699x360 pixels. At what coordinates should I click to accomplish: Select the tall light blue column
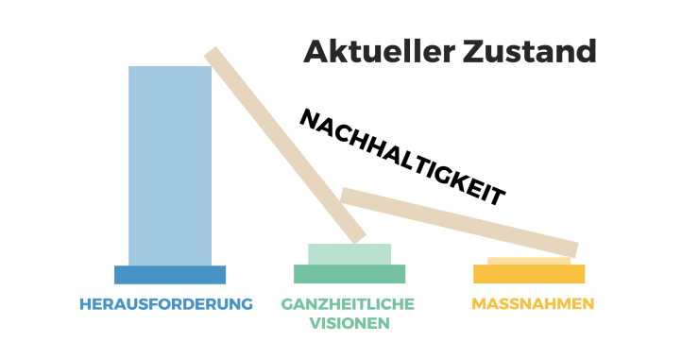[170, 165]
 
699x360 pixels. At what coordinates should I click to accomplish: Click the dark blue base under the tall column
[170, 275]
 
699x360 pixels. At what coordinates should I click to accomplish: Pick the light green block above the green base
[349, 254]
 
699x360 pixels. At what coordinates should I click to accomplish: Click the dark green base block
[349, 274]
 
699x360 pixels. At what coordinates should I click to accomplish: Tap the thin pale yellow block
[529, 261]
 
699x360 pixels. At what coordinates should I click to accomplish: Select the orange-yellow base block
[529, 274]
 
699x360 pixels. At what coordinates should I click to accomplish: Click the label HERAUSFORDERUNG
[167, 304]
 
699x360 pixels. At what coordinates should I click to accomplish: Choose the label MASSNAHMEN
[533, 304]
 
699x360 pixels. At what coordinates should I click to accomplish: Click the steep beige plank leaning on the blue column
[283, 142]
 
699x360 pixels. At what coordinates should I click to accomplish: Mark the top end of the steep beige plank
[213, 55]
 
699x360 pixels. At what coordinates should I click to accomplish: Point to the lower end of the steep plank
[356, 233]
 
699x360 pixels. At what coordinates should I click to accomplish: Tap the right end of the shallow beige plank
[571, 247]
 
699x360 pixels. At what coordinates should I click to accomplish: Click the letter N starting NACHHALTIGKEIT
[310, 117]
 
